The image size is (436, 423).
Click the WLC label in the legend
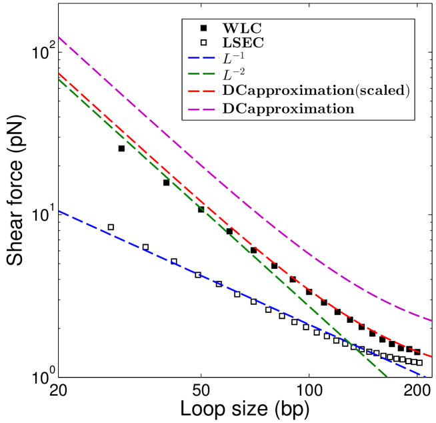242,28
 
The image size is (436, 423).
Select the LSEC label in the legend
243,43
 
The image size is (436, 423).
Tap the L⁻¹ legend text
233,59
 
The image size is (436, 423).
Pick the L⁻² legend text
233,74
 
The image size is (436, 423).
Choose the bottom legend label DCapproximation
288,107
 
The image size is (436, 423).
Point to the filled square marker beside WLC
203,28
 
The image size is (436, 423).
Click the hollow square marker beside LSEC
203,43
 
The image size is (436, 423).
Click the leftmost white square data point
111,228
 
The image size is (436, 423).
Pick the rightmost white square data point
419,363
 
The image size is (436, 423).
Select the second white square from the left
145,248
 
